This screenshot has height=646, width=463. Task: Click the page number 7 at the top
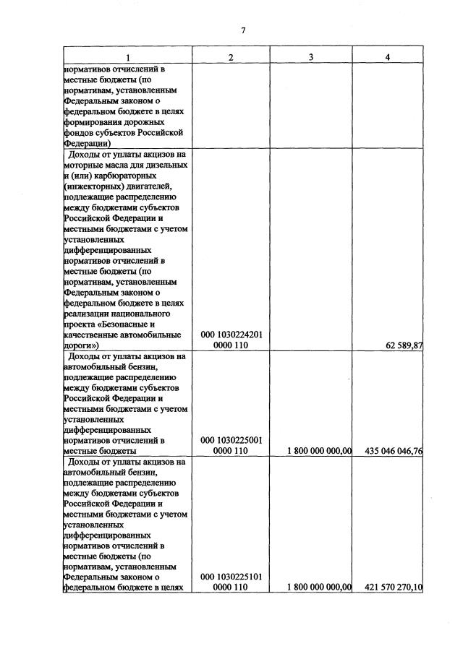pyautogui.click(x=244, y=30)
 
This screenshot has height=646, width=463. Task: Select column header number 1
pyautogui.click(x=127, y=57)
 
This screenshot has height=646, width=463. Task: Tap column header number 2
pyautogui.click(x=230, y=57)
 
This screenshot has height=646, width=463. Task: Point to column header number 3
pyautogui.click(x=310, y=57)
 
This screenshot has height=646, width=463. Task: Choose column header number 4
pyautogui.click(x=388, y=57)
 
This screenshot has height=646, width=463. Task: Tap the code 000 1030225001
pyautogui.click(x=231, y=439)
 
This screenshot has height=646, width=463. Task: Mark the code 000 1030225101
pyautogui.click(x=231, y=577)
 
